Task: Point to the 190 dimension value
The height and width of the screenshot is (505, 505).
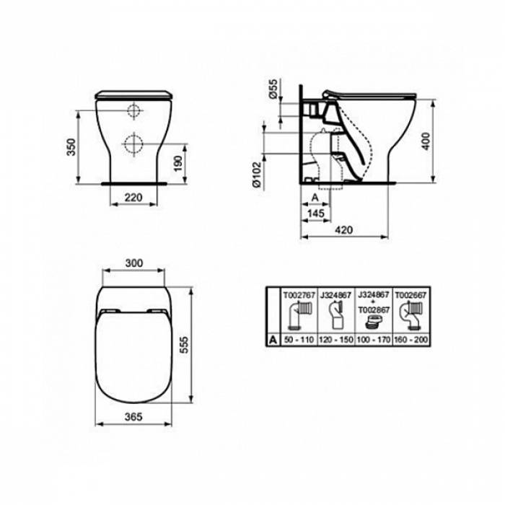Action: pos(178,164)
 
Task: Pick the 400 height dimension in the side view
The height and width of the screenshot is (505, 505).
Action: pos(426,141)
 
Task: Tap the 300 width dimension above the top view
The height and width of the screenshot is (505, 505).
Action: pos(133,263)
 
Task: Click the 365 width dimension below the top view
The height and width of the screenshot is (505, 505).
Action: pos(133,417)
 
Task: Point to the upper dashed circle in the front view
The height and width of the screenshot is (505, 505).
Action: pos(133,111)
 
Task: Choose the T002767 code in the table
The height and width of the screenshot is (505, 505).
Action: pos(298,294)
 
